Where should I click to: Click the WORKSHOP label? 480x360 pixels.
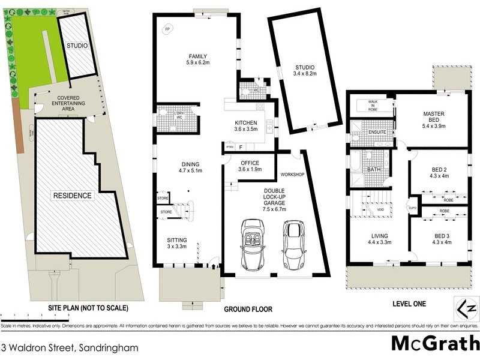(x=292, y=174)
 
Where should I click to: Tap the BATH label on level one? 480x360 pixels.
(x=374, y=170)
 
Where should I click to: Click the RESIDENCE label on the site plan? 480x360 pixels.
(x=71, y=196)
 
